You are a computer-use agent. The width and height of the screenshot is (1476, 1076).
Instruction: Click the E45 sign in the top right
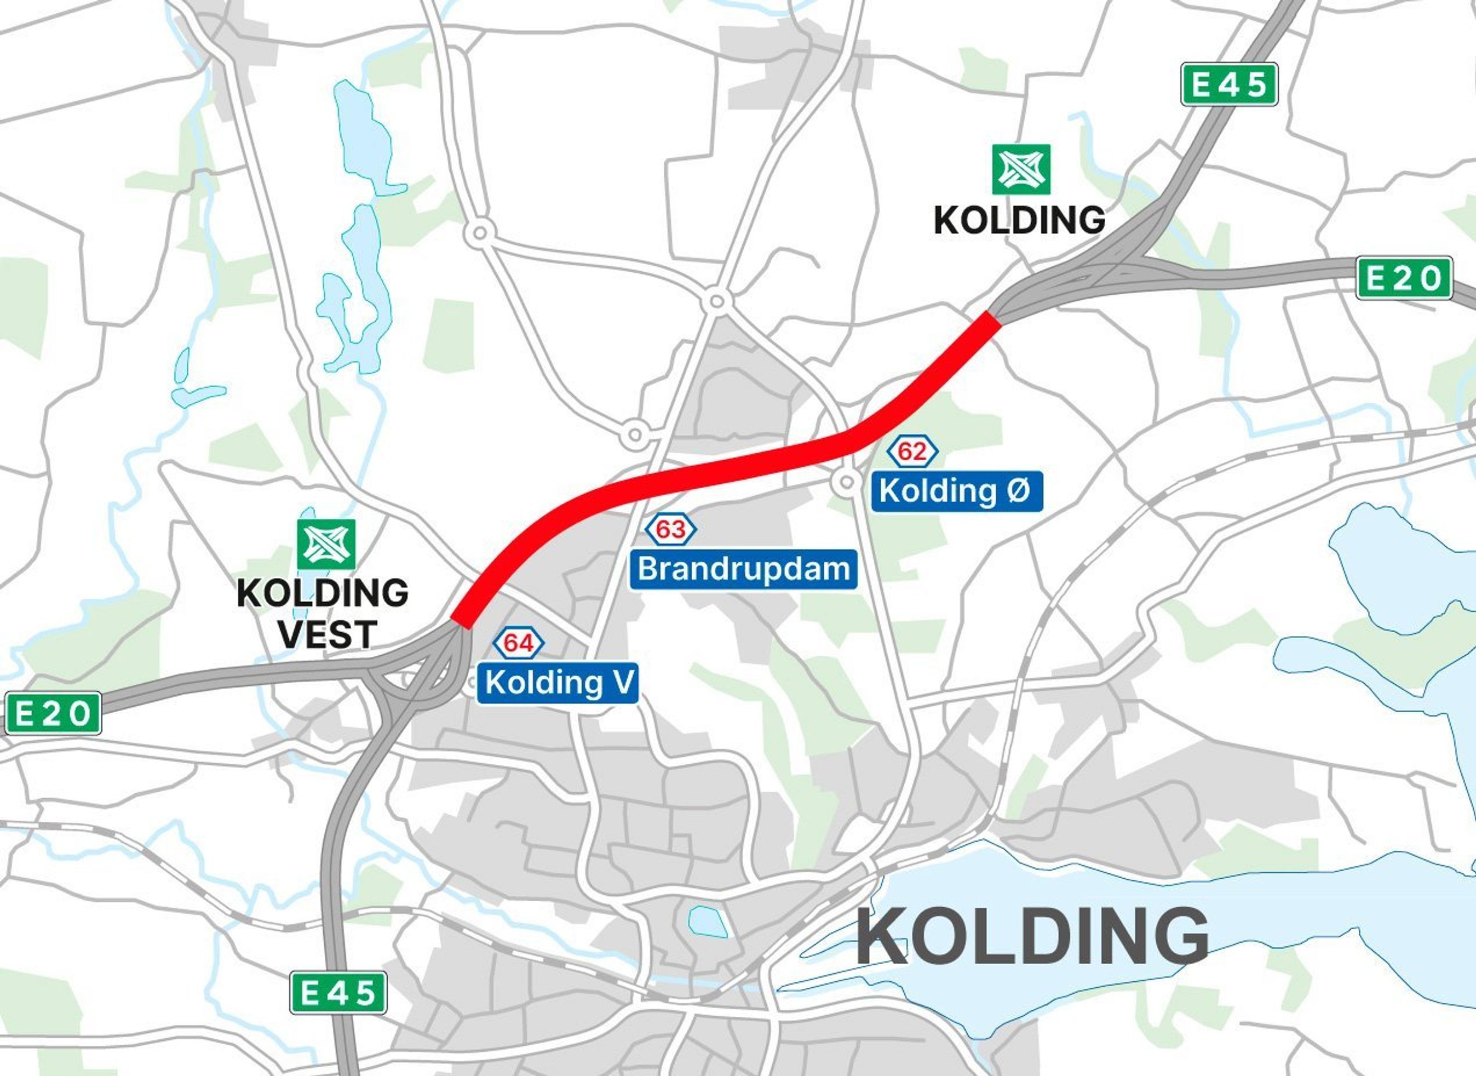1229,84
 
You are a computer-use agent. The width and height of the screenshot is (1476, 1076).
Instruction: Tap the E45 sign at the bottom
338,993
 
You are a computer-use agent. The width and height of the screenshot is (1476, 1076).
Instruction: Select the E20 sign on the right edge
1404,278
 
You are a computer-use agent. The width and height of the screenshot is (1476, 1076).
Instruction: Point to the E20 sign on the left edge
53,713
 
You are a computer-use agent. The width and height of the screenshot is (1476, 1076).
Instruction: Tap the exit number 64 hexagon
519,644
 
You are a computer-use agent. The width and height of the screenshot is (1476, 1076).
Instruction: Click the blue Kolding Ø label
956,491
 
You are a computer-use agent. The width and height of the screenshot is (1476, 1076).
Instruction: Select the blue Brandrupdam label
743,569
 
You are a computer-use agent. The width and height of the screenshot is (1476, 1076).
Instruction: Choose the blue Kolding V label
558,683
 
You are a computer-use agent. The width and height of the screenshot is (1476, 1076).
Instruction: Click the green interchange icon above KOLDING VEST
326,544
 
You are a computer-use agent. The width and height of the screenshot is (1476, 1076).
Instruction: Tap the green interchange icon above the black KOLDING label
1021,169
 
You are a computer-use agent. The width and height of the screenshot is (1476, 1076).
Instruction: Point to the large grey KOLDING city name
1032,937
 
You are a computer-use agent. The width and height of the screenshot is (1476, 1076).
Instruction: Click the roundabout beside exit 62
846,482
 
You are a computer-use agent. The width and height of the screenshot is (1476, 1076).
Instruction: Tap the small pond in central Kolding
707,921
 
